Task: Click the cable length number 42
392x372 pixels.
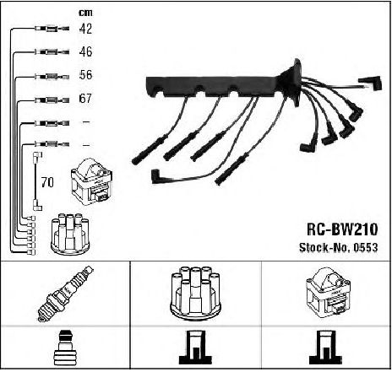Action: tap(85, 29)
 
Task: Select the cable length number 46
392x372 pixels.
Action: tap(85, 51)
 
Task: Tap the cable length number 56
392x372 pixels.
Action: tap(85, 75)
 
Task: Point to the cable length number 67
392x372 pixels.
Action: tap(85, 99)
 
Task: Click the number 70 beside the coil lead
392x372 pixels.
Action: tap(47, 182)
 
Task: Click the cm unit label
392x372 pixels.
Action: tap(85, 13)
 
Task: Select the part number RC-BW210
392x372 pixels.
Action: tap(342, 229)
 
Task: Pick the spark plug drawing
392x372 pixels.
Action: tap(65, 294)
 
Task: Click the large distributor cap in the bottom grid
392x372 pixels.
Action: tap(195, 294)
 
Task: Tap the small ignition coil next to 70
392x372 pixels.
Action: tap(92, 181)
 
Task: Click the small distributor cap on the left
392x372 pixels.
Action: tap(70, 234)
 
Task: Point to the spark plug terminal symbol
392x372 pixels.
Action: tap(64, 348)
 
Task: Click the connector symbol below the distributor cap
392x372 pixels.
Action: tap(195, 348)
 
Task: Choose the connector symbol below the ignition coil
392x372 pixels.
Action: tap(325, 348)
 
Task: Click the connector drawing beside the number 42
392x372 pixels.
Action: tap(52, 29)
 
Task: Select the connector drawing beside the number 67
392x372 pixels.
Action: tap(52, 100)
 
